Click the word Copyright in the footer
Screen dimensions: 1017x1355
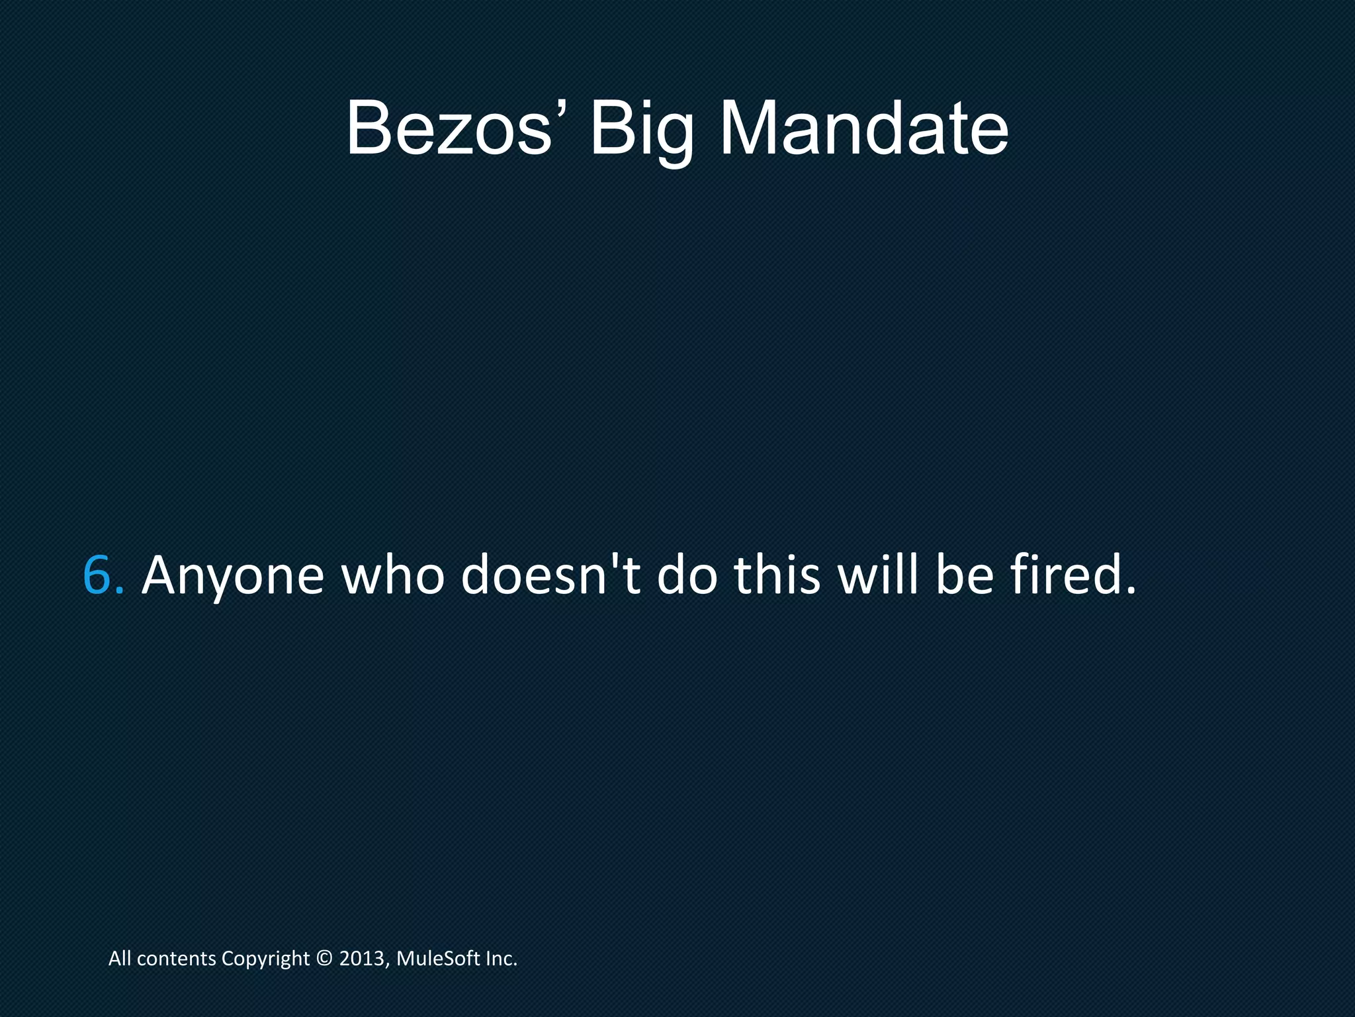[265, 959]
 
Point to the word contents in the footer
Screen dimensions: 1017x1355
[177, 959]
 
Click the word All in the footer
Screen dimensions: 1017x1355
[120, 959]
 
